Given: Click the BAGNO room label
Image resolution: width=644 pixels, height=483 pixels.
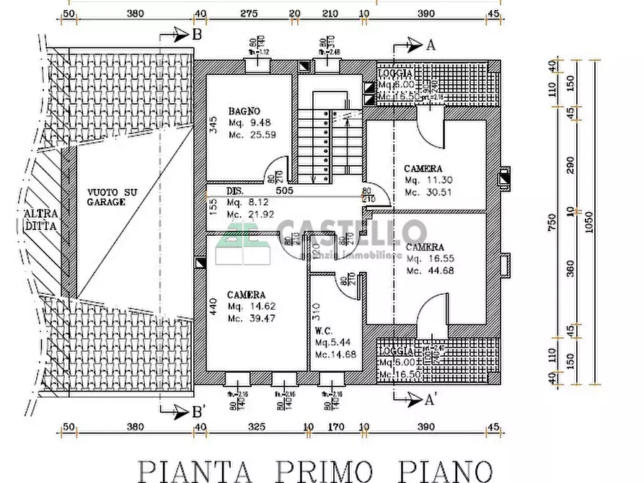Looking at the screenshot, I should click(x=244, y=111).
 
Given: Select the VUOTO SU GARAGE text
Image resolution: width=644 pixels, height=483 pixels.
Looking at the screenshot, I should click(x=112, y=197).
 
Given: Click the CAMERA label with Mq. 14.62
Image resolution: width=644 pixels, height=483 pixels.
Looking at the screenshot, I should click(x=246, y=295).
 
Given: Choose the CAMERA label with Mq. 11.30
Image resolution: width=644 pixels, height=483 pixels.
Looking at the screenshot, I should click(x=423, y=169).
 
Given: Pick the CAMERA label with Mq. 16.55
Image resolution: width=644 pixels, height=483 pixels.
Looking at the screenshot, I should click(x=425, y=247).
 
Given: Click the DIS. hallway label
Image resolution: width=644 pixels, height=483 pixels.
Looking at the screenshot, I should click(x=234, y=192).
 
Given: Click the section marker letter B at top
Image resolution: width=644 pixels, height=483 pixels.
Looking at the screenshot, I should click(x=197, y=34).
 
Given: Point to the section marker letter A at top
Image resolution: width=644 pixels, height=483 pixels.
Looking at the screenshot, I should click(x=431, y=45).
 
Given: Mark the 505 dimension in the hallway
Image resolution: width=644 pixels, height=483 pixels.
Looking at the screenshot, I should click(x=283, y=192).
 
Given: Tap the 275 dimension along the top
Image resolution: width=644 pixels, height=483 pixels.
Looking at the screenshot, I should click(x=249, y=13).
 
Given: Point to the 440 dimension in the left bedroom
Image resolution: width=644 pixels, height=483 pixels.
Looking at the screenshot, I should click(x=213, y=305).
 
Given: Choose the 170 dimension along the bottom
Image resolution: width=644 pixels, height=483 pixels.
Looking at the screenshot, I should click(x=335, y=427).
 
